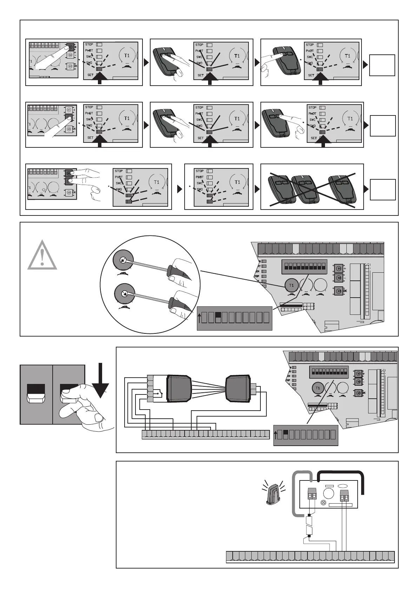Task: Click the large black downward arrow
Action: click(x=100, y=381)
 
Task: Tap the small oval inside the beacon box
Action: click(x=341, y=486)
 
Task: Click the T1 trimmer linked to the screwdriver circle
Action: click(x=291, y=285)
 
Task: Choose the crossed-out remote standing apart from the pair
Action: click(x=341, y=190)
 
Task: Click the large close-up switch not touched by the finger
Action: click(x=36, y=394)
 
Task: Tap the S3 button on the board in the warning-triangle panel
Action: click(x=339, y=291)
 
